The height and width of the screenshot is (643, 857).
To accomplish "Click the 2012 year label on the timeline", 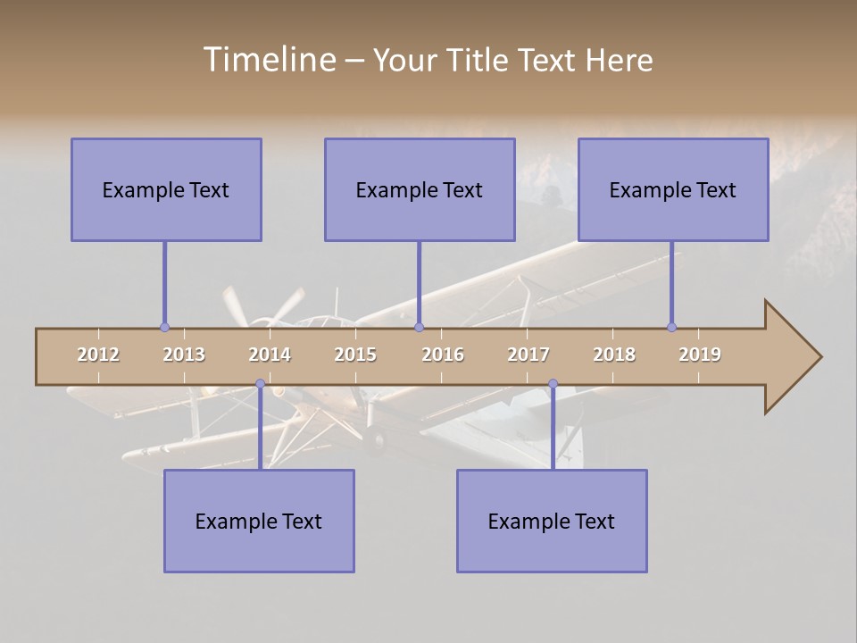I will coord(98,355).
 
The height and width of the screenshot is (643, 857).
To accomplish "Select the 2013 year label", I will coord(184,355).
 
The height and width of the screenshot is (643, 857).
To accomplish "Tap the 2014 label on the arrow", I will coord(270,355).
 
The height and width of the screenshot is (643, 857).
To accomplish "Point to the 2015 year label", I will coord(355,355).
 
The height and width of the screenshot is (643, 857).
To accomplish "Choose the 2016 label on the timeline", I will coord(443,355).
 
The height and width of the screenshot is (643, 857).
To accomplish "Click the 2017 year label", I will coord(528,355).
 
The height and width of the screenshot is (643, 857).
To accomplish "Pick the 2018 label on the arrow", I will coord(614,355).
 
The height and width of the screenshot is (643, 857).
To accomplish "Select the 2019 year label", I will coord(700,355).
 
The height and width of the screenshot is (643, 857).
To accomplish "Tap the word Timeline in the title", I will coord(268,60).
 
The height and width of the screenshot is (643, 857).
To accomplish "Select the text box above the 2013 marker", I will coord(166,189).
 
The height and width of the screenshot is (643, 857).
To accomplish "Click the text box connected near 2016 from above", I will coord(420,189).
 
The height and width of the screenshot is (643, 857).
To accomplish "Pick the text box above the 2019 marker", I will coord(673,189).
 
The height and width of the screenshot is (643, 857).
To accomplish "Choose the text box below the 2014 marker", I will coord(259,521).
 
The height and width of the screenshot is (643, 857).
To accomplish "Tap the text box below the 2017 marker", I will coord(552,521).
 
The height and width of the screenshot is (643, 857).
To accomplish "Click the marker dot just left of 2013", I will coord(164,327).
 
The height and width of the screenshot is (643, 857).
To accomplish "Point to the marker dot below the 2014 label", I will coord(260,384).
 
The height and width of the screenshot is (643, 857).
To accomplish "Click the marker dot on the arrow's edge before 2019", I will coord(671,327).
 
